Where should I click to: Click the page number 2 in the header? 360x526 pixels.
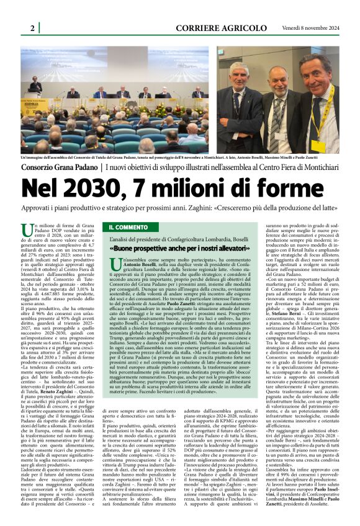[x=31, y=29]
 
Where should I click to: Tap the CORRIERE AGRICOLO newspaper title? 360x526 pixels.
[x=215, y=29]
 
